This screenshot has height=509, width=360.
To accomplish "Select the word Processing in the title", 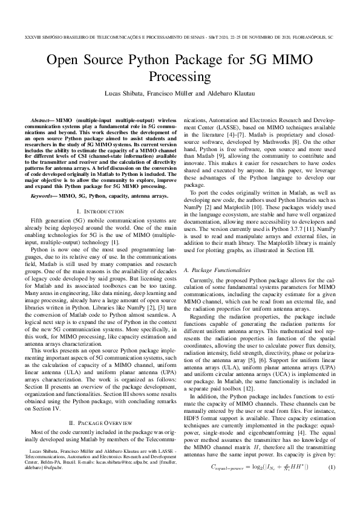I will coord(180,77).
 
